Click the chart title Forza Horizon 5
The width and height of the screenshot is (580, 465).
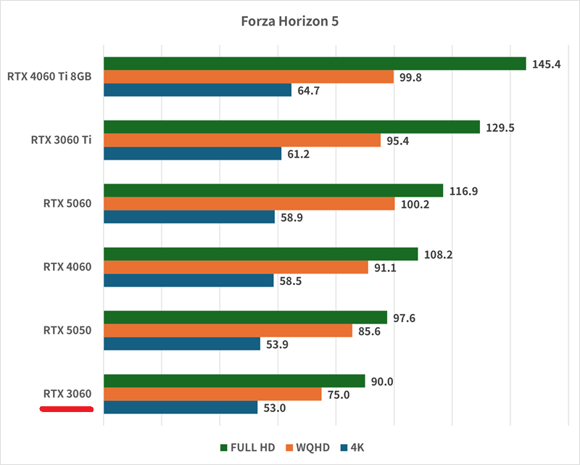point(289,21)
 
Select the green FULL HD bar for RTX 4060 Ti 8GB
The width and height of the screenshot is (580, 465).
point(315,64)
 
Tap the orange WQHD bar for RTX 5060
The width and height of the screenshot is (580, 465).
point(249,204)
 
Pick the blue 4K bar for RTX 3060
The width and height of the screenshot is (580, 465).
point(181,408)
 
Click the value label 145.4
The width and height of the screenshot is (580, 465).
point(546,64)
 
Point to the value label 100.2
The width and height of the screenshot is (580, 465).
point(415,204)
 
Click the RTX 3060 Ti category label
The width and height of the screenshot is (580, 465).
point(61,140)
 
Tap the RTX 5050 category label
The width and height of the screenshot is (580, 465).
point(67,331)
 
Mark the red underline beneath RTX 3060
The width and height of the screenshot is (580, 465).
point(67,410)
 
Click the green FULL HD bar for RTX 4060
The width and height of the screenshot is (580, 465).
point(261,254)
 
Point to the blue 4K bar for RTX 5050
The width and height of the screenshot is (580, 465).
point(182,344)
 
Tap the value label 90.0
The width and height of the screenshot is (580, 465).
point(382,381)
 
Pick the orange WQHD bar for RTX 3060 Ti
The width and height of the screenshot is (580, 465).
point(242,141)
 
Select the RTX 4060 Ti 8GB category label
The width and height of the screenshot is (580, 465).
point(49,76)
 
